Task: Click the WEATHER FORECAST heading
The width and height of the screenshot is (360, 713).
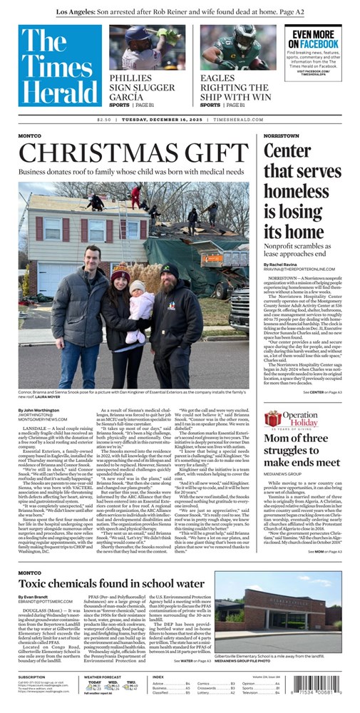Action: (103, 677)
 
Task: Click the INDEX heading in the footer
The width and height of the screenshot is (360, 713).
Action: (158, 677)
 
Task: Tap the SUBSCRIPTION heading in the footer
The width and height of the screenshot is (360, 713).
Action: (32, 677)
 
